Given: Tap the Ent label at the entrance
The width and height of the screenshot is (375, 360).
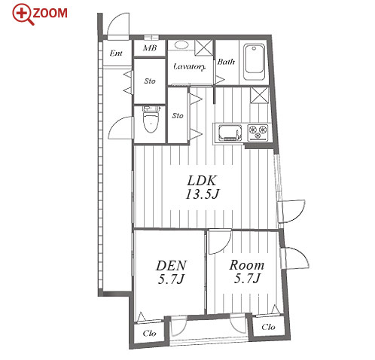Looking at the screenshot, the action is [x=116, y=53].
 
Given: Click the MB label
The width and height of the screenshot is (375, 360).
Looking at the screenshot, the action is [x=150, y=47].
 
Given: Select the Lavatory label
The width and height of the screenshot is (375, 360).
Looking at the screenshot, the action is [x=190, y=67].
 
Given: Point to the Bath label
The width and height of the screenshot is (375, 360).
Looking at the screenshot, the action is [x=226, y=62].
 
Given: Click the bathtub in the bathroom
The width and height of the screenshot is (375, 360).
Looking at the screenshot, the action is [x=255, y=63].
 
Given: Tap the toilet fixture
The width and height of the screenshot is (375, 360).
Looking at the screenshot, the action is [x=151, y=119].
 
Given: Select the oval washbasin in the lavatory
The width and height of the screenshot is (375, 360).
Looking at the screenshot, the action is [x=181, y=45].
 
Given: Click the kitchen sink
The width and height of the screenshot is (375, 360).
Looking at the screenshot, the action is [x=230, y=133].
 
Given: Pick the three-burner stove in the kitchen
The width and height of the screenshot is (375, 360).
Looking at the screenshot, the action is [x=258, y=133].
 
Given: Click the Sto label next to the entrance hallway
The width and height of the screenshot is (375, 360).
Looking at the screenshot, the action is [x=150, y=81].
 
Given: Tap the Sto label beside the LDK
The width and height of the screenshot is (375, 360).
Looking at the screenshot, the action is [x=178, y=116].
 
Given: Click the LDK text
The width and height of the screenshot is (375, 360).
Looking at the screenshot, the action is [x=202, y=181].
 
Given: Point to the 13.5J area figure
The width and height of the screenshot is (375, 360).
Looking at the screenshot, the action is [x=203, y=194].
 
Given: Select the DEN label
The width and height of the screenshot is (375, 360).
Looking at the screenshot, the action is [x=172, y=266].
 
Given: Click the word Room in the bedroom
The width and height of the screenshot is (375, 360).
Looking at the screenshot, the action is [x=247, y=265].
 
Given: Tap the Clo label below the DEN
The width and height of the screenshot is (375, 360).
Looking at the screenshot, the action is [x=149, y=333].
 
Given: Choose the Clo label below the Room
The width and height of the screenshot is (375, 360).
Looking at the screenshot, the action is [x=268, y=327].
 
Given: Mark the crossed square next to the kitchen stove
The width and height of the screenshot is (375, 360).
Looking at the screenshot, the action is [x=260, y=95].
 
